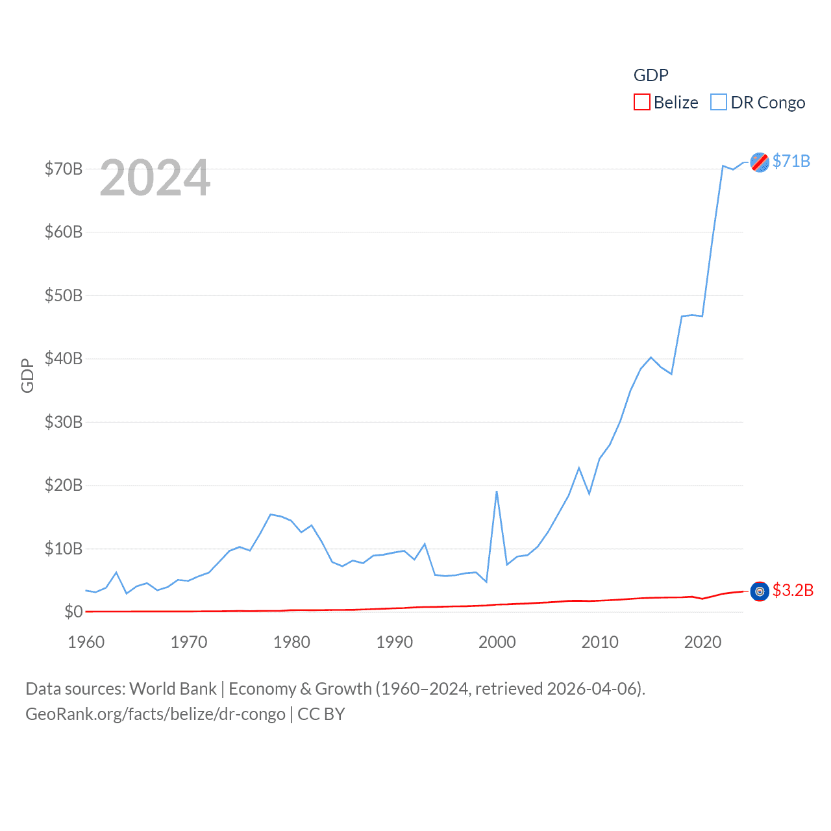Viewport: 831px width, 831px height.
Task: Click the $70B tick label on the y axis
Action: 63,169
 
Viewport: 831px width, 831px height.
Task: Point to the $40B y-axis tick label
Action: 63,358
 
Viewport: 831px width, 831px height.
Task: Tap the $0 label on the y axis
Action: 73,612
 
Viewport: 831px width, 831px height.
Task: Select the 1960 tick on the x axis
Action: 86,642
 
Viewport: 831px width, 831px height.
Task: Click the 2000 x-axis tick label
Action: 497,642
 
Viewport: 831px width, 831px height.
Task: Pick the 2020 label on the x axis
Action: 702,642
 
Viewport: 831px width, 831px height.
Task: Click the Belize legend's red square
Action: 642,103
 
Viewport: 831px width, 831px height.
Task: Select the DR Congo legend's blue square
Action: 719,103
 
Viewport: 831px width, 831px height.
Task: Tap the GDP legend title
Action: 651,75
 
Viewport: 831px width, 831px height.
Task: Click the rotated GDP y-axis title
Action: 27,375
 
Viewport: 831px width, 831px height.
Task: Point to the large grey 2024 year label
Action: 155,178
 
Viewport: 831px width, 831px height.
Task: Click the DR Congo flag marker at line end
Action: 760,162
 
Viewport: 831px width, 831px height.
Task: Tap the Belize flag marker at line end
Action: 760,591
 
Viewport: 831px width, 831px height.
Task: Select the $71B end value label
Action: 791,161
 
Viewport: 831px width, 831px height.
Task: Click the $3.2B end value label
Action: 793,590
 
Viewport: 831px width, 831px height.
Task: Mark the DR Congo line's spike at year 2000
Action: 497,491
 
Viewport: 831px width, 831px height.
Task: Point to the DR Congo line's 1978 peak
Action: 271,514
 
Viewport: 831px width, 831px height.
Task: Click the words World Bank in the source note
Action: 173,689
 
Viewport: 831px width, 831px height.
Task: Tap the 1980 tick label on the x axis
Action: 291,642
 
